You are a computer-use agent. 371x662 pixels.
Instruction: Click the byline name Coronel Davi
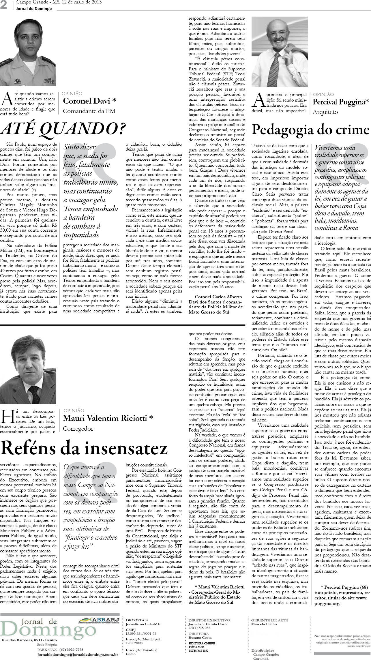tap(90, 101)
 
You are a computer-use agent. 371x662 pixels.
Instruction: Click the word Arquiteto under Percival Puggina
tap(325, 112)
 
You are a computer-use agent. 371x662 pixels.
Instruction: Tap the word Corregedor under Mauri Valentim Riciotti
tap(78, 428)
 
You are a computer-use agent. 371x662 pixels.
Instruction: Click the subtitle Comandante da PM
tap(89, 111)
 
